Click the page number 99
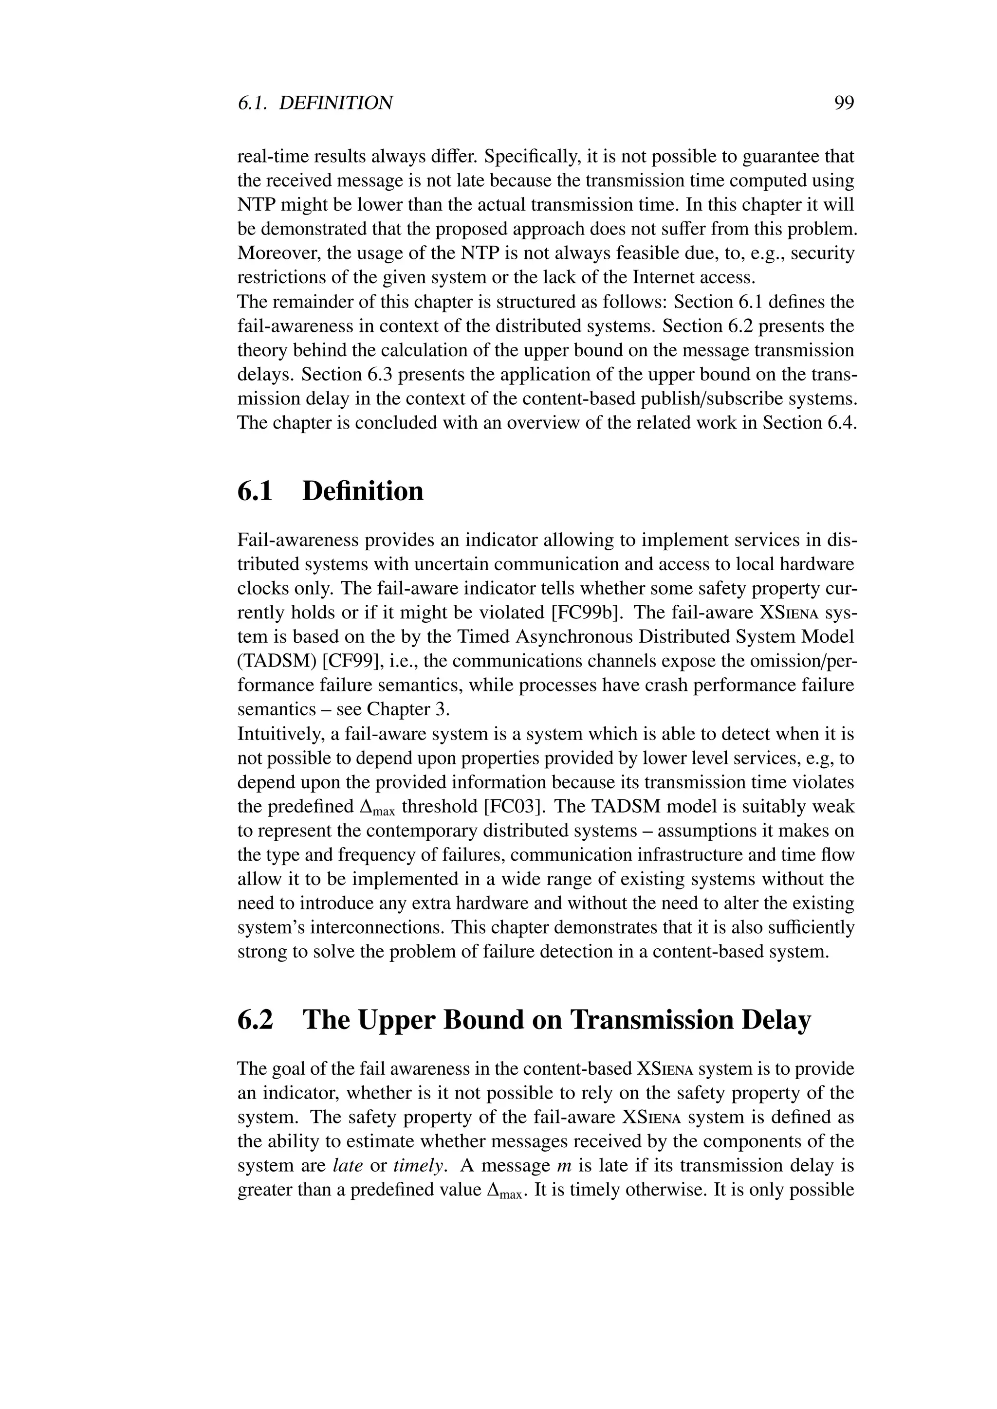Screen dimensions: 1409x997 click(844, 103)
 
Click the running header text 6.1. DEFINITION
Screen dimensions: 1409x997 click(315, 103)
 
